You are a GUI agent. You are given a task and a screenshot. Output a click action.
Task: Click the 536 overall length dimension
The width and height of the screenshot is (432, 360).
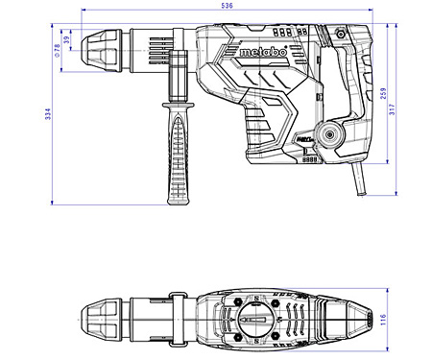pos(227,6)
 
